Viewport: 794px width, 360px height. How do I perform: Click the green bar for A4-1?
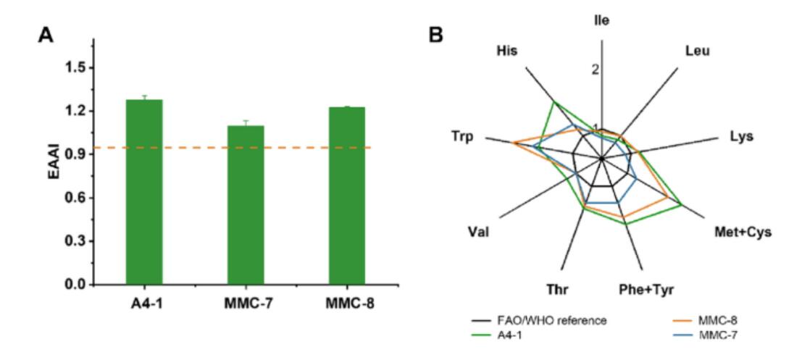coord(143,192)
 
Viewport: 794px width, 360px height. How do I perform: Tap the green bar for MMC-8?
coord(347,196)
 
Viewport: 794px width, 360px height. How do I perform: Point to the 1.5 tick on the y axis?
coord(72,67)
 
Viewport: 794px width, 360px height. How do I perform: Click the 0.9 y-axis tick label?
coord(72,154)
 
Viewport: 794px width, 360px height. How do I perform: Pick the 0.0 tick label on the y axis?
coord(72,285)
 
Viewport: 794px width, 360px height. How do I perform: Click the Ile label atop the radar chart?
coord(601,20)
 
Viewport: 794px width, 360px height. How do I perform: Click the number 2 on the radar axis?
coord(595,70)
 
